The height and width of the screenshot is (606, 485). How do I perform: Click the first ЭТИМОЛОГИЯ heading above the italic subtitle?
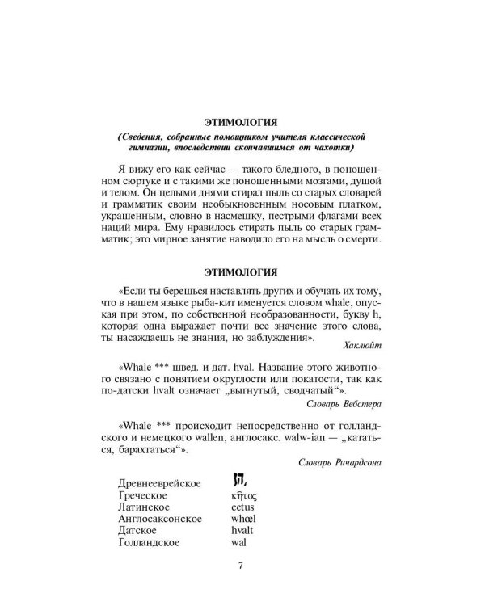242,122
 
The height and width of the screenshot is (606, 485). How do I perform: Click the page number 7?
242,565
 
